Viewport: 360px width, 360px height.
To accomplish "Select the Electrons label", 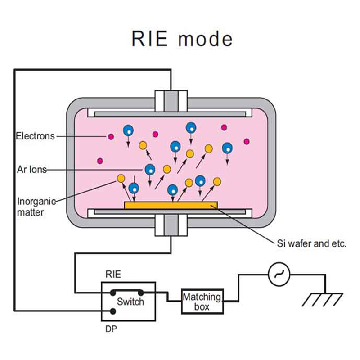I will pos(35,135).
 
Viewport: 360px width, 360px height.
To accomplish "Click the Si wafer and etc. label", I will pos(311,244).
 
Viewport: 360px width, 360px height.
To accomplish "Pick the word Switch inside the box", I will pos(130,301).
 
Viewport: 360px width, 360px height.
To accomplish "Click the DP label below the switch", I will pos(111,328).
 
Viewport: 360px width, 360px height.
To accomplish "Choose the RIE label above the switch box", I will pos(112,274).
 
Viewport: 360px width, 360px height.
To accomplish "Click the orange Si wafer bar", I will pos(171,205).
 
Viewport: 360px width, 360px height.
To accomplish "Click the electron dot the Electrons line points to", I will pos(108,136).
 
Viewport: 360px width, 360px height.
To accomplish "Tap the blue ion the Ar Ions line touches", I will pos(150,169).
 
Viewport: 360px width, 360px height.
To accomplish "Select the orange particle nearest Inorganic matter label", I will pos(121,179).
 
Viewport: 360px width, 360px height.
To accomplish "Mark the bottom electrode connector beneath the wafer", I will pos(171,224).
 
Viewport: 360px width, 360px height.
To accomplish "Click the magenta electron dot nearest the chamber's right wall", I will pos(246,142).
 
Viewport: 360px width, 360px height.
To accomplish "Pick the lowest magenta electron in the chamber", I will pos(100,161).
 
